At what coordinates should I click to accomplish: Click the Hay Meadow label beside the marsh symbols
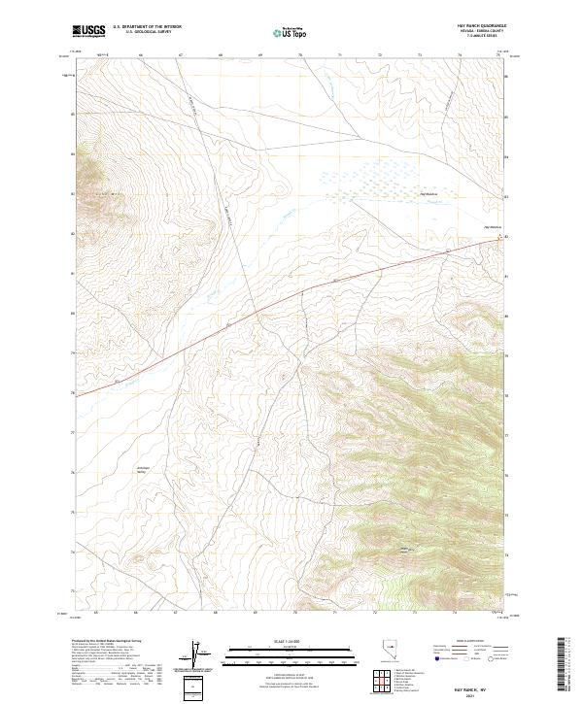click(429, 193)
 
